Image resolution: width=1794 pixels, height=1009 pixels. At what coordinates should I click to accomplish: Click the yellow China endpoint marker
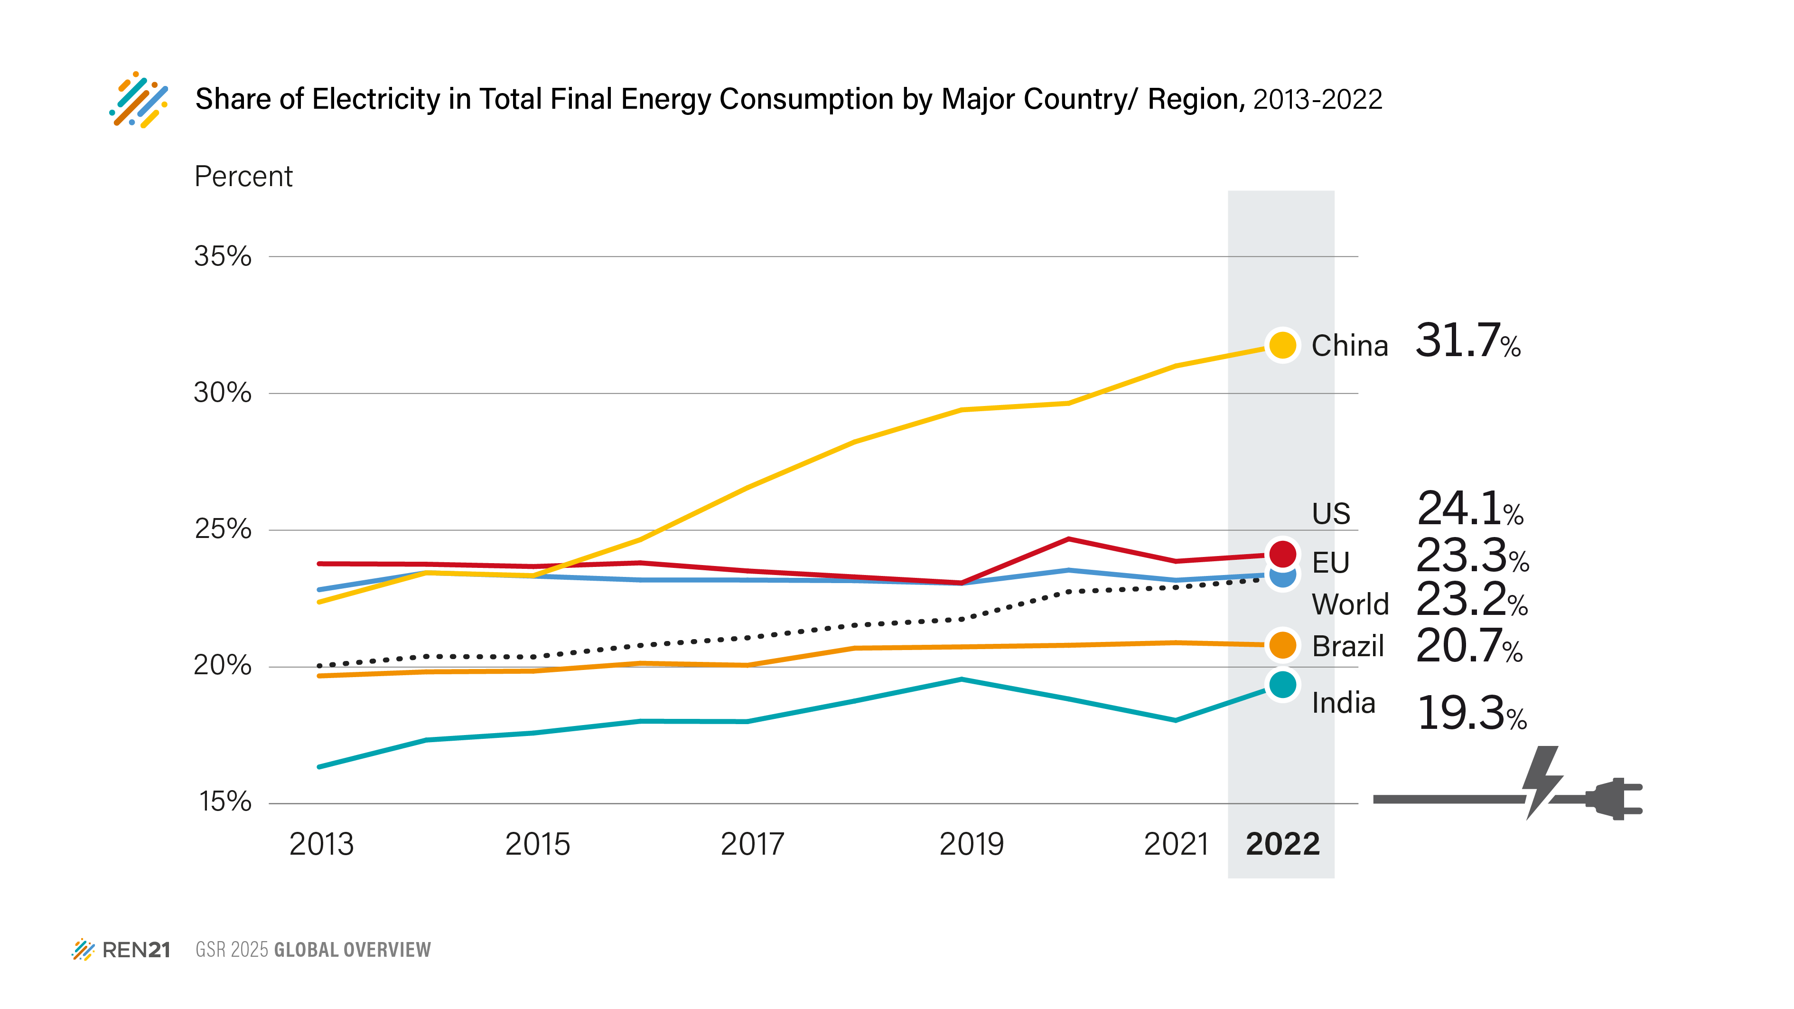point(1282,344)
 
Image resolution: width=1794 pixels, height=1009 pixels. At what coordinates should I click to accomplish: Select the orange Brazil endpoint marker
point(1282,644)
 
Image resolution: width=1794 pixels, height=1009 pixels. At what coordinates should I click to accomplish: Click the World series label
point(1350,604)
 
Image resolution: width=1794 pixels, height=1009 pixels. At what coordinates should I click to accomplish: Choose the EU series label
point(1330,562)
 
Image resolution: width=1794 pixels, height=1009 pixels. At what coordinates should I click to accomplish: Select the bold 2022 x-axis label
point(1282,845)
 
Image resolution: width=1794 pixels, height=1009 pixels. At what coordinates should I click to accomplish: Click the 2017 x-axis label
point(752,845)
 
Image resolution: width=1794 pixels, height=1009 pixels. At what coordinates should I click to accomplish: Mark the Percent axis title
point(243,176)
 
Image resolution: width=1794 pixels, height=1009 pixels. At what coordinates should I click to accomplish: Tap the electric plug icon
point(1613,799)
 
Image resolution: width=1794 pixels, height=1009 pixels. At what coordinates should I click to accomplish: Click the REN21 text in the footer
point(136,950)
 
